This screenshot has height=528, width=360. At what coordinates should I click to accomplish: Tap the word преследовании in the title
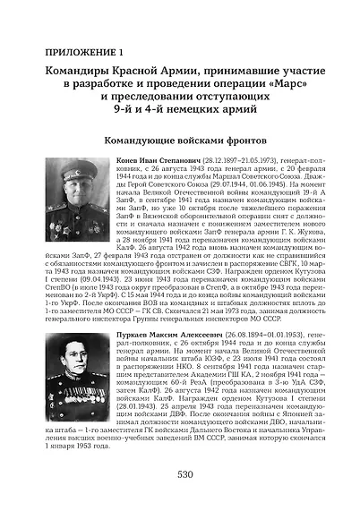158,99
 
